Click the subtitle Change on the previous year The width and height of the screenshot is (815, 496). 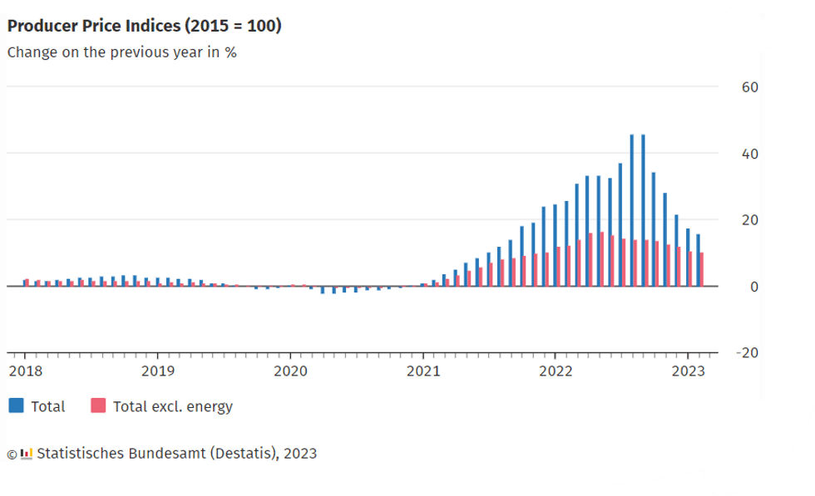122,52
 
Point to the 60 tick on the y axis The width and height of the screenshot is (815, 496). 748,87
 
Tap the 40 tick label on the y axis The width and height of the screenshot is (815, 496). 748,154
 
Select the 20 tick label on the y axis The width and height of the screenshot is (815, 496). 748,220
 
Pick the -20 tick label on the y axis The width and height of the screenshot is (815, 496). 746,353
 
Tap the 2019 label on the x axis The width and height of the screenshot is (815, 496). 157,371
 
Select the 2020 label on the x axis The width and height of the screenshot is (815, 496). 290,371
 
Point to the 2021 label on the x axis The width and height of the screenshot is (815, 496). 422,371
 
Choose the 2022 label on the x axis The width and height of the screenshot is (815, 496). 556,371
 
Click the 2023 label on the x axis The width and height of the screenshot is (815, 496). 688,371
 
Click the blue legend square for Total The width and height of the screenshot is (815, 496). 16,406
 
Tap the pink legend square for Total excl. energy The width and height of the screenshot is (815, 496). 98,406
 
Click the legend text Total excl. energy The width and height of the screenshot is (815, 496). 172,407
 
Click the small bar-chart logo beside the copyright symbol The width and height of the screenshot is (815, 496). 27,454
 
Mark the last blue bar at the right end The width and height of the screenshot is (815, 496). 698,260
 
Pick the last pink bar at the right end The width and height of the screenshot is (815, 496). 702,269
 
